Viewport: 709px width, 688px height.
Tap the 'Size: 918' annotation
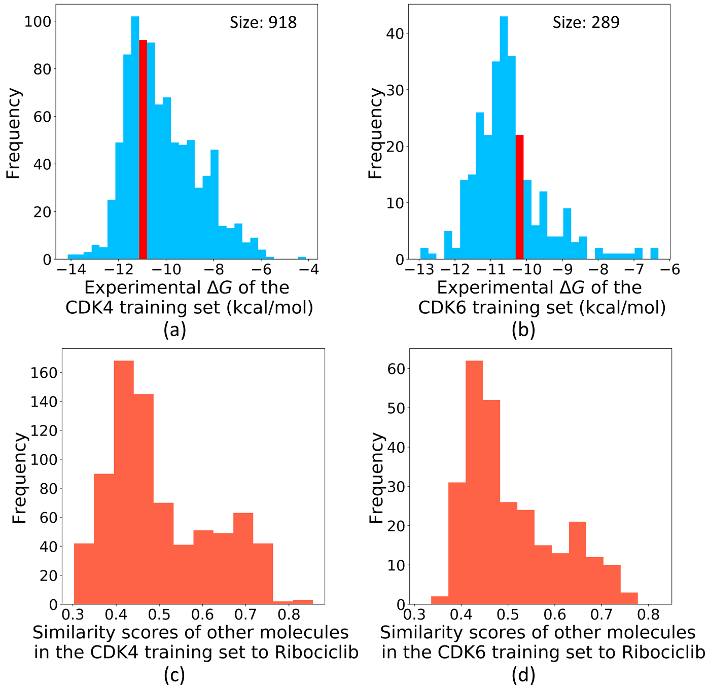pos(263,22)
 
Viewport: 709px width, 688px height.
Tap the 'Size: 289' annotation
pos(586,22)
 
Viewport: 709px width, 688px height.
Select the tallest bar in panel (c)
pos(124,482)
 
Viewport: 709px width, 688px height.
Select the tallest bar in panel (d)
pos(474,482)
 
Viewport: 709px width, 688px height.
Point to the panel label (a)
pos(175,330)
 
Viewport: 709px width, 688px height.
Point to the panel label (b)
pos(523,330)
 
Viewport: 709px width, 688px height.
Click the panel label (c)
pos(174,675)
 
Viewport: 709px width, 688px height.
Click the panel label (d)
pos(523,675)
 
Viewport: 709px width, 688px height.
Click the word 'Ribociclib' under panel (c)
pos(316,653)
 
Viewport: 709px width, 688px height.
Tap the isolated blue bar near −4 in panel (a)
pos(302,258)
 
